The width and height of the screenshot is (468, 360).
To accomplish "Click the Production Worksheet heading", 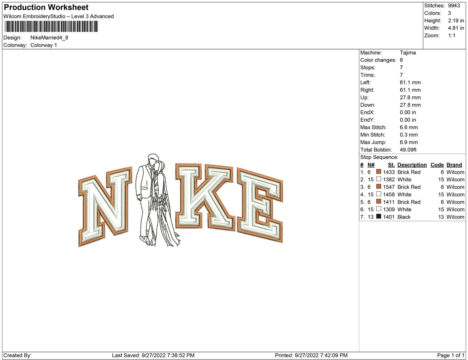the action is tap(46, 7).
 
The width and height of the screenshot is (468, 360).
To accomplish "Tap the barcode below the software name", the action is tap(51, 27).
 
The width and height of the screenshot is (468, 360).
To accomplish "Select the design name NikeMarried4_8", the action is tap(49, 38).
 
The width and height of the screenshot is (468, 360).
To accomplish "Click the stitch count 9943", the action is tap(454, 6).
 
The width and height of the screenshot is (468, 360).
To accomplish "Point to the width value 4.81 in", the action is tap(456, 28).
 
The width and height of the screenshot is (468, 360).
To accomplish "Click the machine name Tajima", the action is tap(408, 53).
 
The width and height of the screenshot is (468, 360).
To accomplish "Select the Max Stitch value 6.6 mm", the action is tap(409, 127).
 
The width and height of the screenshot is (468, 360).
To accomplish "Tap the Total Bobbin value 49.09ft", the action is tap(408, 150).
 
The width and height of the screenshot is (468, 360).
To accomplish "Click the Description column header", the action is tap(412, 165).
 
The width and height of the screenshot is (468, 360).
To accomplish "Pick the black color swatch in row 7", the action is tap(378, 217).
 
